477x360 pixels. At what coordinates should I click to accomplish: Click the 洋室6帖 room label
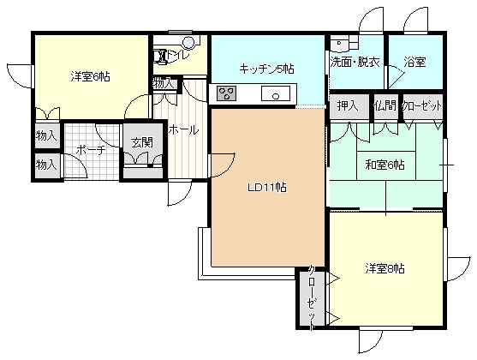pyautogui.click(x=91, y=76)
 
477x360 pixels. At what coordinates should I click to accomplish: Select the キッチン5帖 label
pyautogui.click(x=266, y=69)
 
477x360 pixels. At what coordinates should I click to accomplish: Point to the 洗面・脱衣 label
pyautogui.click(x=355, y=62)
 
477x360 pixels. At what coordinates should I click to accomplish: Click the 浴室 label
pyautogui.click(x=414, y=62)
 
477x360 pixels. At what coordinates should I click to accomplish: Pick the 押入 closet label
pyautogui.click(x=348, y=105)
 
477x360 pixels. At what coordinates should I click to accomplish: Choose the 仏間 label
pyautogui.click(x=385, y=105)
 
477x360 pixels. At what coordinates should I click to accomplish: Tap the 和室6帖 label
pyautogui.click(x=385, y=165)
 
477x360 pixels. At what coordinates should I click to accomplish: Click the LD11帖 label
pyautogui.click(x=267, y=188)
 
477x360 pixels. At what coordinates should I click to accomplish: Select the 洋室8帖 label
pyautogui.click(x=385, y=268)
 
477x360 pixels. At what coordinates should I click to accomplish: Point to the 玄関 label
pyautogui.click(x=142, y=142)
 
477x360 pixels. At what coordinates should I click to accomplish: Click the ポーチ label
pyautogui.click(x=91, y=150)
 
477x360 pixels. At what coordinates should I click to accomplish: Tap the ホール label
pyautogui.click(x=183, y=130)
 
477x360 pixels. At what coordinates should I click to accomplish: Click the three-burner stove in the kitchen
pyautogui.click(x=227, y=93)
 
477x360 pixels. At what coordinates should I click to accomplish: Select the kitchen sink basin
pyautogui.click(x=276, y=93)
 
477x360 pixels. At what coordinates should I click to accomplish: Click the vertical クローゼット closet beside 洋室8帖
pyautogui.click(x=312, y=297)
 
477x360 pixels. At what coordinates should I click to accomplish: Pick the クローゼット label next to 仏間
pyautogui.click(x=422, y=106)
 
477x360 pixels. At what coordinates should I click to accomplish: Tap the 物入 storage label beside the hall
pyautogui.click(x=164, y=83)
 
